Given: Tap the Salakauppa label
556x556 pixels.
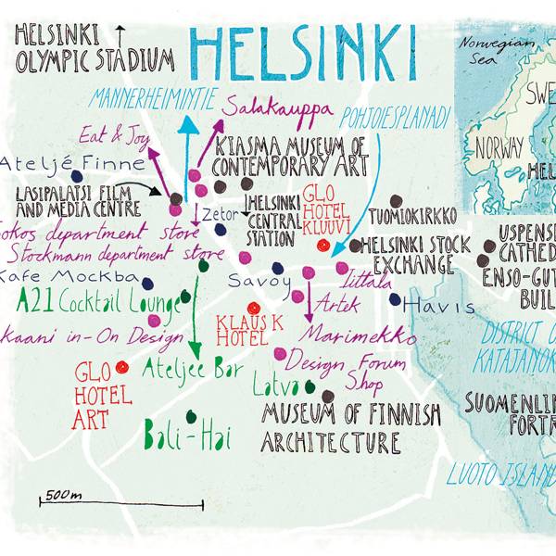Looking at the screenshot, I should click(277, 108).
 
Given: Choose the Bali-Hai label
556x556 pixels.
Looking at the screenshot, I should click(187, 435).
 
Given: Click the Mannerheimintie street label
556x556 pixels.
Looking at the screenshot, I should click(153, 95).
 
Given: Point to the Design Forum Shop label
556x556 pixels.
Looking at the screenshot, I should click(342, 366).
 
